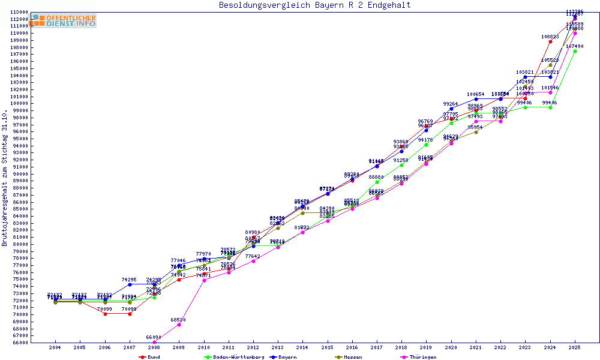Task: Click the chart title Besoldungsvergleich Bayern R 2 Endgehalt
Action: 315,5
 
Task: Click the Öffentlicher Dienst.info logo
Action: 64,21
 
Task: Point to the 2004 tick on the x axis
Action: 55,347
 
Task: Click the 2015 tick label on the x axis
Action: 328,347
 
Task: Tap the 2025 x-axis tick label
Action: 575,347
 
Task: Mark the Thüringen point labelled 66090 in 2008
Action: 154,343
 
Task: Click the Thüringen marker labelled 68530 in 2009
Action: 179,325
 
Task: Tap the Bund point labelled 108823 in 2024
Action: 550,41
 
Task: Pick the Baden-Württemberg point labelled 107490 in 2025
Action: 575,51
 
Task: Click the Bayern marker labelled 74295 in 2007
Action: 130,284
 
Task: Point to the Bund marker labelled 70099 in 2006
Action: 105,314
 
